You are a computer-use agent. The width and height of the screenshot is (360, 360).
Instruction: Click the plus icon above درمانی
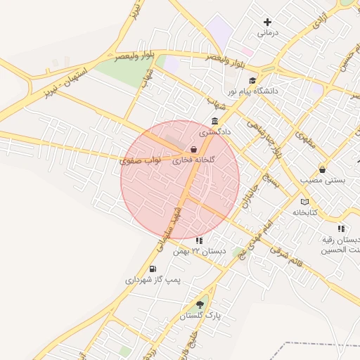(x=267, y=22)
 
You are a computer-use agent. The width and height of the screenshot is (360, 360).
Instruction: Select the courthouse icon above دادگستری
(x=214, y=120)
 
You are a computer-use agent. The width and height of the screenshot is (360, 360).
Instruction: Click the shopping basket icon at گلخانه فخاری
(x=193, y=149)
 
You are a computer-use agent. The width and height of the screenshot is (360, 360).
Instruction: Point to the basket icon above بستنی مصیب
(x=322, y=169)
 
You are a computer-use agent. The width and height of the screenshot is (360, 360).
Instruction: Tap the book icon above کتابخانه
(x=304, y=201)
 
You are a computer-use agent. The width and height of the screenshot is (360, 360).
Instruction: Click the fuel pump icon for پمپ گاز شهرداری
(x=153, y=269)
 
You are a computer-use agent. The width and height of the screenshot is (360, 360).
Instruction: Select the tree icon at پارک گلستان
(x=200, y=304)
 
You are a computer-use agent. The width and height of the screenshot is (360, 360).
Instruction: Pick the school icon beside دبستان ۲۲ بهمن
(x=199, y=240)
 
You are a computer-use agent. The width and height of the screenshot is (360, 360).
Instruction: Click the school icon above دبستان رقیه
(x=341, y=229)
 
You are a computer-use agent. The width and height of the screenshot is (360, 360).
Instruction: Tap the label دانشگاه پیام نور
(x=253, y=91)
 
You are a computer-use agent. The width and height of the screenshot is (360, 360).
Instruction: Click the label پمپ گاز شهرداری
(x=153, y=280)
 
